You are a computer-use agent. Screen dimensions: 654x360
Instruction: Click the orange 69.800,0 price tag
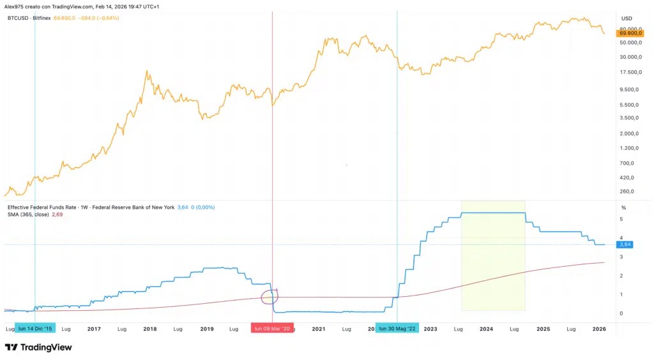(x=630, y=33)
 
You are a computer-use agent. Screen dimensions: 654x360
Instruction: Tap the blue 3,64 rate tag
(x=625, y=244)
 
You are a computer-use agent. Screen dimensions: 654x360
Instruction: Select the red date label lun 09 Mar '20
(x=272, y=328)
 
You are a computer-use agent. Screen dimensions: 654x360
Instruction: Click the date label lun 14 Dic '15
(x=35, y=328)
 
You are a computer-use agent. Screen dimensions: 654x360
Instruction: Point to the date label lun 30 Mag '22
(x=397, y=328)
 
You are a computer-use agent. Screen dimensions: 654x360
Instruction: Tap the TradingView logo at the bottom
(x=38, y=347)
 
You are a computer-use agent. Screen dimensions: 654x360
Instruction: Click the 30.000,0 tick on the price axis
(x=630, y=57)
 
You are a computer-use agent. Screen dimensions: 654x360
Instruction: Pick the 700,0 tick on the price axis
(x=627, y=163)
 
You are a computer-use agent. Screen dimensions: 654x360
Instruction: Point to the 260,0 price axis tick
(x=627, y=191)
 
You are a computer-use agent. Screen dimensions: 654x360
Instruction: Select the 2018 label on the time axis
(x=149, y=329)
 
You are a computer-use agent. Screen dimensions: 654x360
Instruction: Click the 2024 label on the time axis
(x=486, y=329)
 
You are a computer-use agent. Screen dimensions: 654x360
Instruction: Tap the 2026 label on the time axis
(x=599, y=329)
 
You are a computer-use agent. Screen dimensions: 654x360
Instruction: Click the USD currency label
(x=627, y=19)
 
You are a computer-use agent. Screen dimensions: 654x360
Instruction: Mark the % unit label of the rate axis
(x=623, y=207)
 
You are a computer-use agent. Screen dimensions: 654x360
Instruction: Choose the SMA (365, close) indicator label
(x=28, y=214)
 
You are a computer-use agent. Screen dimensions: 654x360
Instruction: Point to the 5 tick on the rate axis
(x=621, y=219)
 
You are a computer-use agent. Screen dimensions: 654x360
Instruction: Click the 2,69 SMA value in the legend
(x=57, y=214)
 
